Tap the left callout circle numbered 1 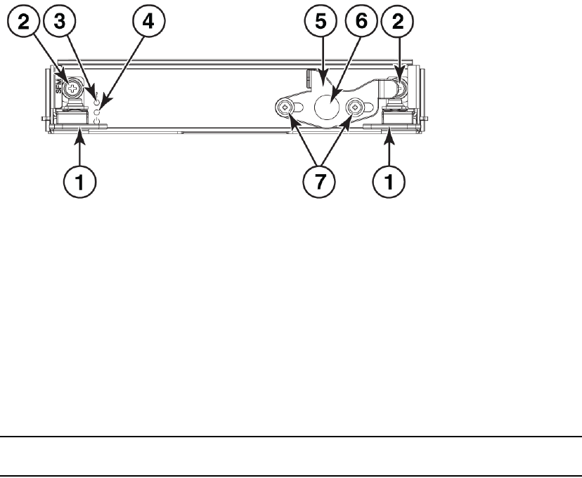82,184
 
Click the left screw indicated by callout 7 284,107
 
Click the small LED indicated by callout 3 98,102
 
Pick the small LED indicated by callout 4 98,112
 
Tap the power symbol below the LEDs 98,122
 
